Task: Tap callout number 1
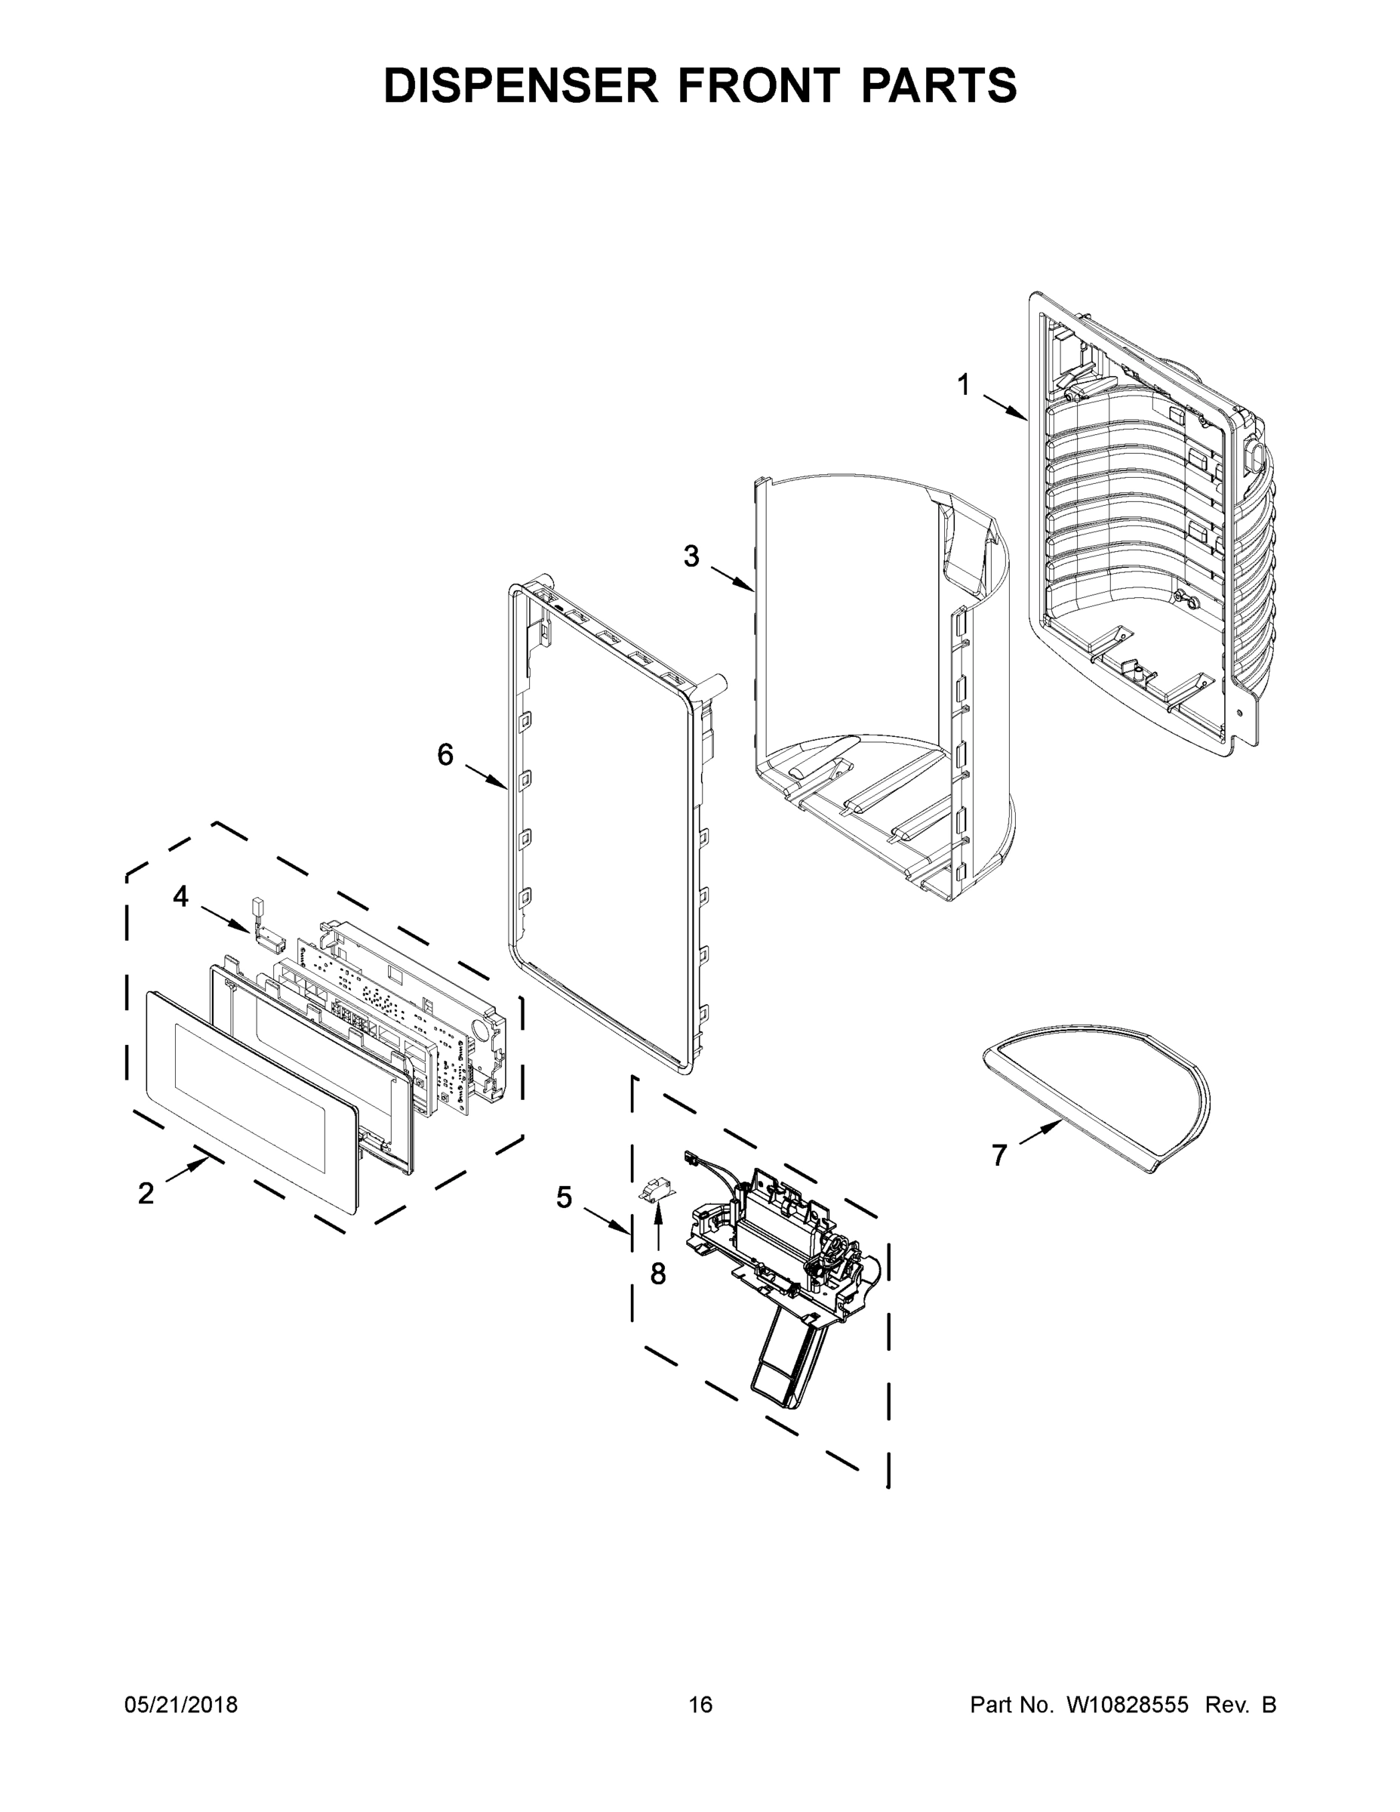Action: pyautogui.click(x=963, y=385)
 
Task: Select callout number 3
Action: pyautogui.click(x=691, y=556)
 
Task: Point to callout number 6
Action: pyautogui.click(x=445, y=754)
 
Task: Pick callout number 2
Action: pyautogui.click(x=146, y=1193)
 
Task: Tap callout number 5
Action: pyautogui.click(x=564, y=1197)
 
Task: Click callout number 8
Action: pyautogui.click(x=657, y=1274)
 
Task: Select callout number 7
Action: pyautogui.click(x=999, y=1154)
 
